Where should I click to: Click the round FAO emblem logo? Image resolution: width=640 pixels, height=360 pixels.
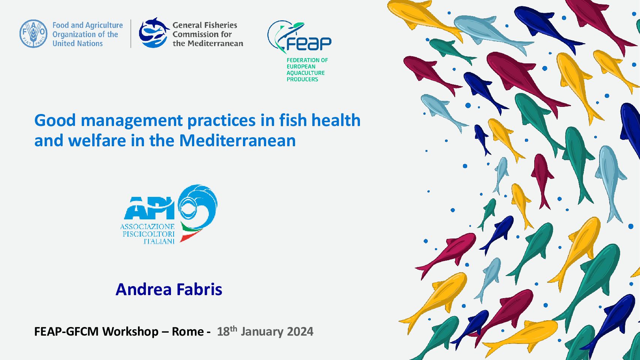[33, 34]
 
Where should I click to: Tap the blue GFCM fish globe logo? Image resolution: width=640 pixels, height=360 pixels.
[154, 33]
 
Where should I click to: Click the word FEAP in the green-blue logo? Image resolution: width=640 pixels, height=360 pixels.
[309, 43]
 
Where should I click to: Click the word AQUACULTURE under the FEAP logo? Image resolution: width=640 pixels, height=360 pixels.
[306, 73]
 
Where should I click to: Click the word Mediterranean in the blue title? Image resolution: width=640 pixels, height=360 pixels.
[237, 141]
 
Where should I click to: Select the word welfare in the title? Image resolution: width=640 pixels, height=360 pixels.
[97, 141]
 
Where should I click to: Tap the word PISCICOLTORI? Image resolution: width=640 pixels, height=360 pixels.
[148, 234]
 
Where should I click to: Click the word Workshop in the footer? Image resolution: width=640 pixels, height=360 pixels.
[130, 332]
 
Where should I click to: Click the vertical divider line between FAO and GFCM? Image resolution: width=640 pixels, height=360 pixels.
[131, 34]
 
